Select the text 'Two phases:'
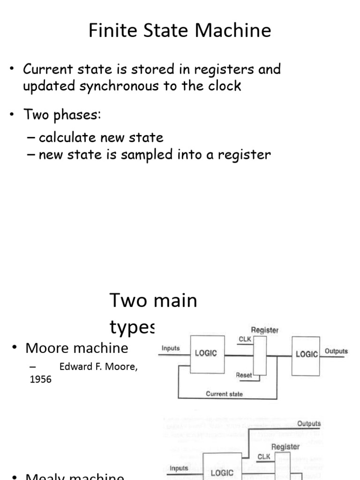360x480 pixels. pos(62,115)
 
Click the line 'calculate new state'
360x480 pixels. pos(101,138)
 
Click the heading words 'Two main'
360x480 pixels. pos(153,300)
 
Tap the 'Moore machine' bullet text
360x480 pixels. pos(76,348)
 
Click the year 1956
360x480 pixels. pos(40,380)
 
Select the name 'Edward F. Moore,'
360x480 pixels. pos(98,367)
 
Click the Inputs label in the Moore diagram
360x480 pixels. pos(171,348)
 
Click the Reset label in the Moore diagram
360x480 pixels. pos(244,375)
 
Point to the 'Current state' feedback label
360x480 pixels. pos(224,394)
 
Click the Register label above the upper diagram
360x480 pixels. pos(265,330)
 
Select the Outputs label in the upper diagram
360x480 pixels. pos(336,351)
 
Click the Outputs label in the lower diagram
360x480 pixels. pos(309,423)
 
